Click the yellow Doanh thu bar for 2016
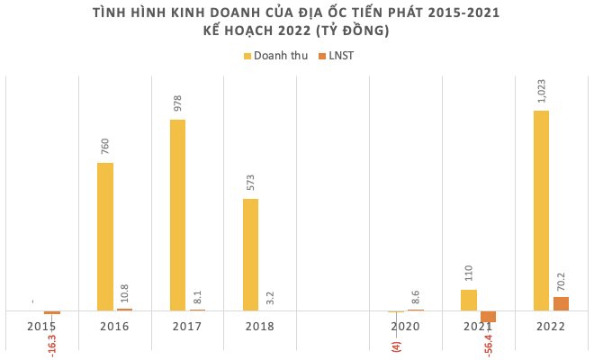pos(105,236)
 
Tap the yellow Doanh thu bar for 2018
pos(250,254)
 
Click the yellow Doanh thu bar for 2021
pos(468,300)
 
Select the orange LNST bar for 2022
pos(561,303)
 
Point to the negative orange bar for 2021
pos(488,316)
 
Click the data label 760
pos(106,144)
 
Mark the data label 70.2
pos(561,280)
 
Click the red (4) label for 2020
pos(397,340)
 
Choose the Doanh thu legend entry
pos(275,56)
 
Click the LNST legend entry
pos(339,56)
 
